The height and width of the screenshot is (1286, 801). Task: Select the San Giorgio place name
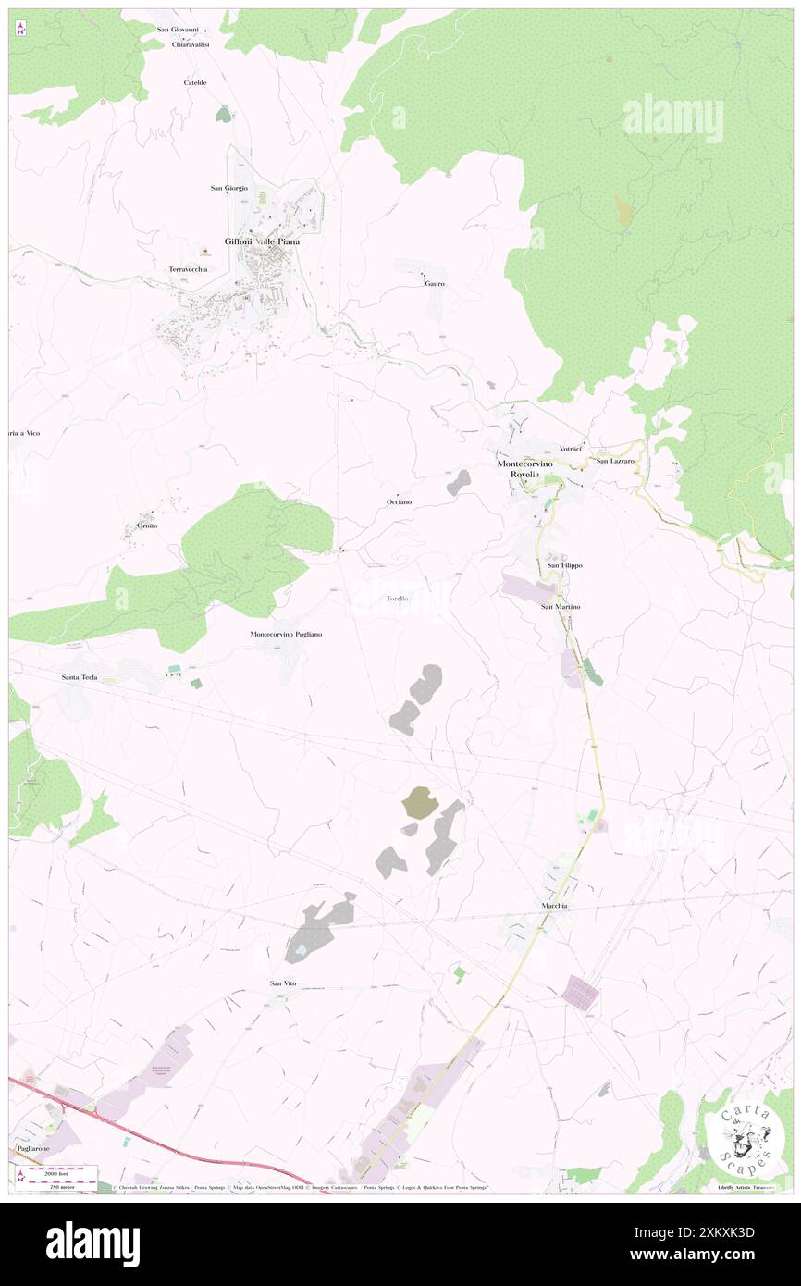pos(228,188)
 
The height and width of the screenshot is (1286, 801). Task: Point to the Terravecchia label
pos(188,269)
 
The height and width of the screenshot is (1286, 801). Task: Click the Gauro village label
pos(435,283)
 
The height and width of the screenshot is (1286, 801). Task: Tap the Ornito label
pos(146,526)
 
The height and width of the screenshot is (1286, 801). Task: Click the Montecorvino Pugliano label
pos(286,634)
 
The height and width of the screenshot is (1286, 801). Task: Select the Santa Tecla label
pos(80,677)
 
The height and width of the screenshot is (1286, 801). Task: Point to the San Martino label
pos(561,606)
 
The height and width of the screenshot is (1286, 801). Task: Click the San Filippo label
pos(564,564)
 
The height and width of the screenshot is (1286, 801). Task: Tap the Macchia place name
pos(554,905)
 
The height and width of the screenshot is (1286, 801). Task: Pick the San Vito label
pos(283,983)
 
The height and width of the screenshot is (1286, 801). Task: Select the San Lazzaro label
pos(615,460)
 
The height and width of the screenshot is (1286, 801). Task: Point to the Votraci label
pos(570,448)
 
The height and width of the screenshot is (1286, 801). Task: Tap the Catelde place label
pos(195,82)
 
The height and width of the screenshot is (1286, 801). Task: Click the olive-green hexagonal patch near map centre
pos(420,802)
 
